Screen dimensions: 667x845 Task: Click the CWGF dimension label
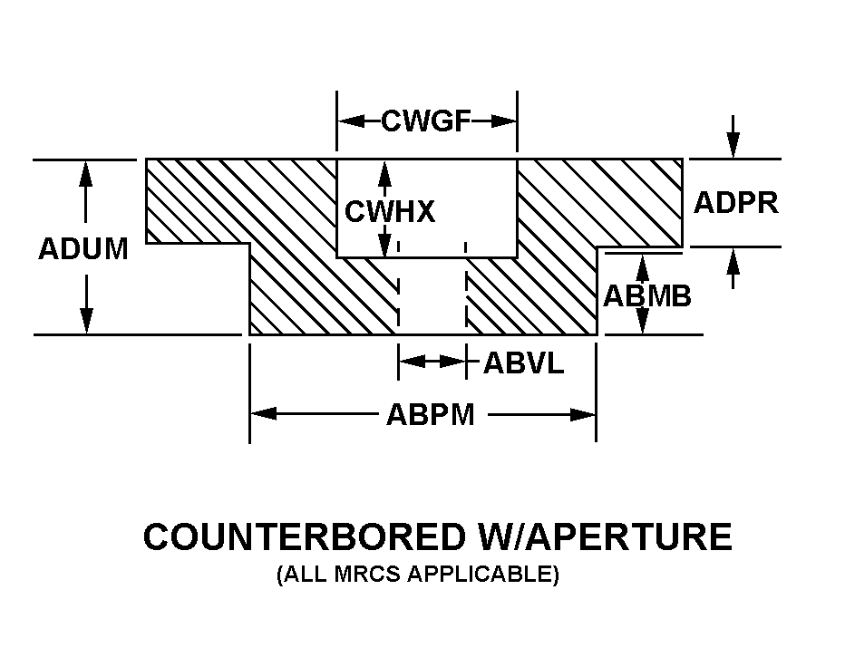pyautogui.click(x=427, y=121)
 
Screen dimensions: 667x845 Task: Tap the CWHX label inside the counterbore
pyautogui.click(x=389, y=212)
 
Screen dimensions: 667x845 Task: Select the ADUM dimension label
pyautogui.click(x=83, y=249)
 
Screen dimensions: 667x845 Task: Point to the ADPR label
pyautogui.click(x=735, y=202)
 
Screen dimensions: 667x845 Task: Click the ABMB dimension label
pyautogui.click(x=647, y=296)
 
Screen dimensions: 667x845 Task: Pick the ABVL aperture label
pyautogui.click(x=523, y=363)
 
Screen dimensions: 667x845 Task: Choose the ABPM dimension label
pyautogui.click(x=430, y=415)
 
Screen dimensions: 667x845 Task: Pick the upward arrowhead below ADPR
pyautogui.click(x=733, y=259)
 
